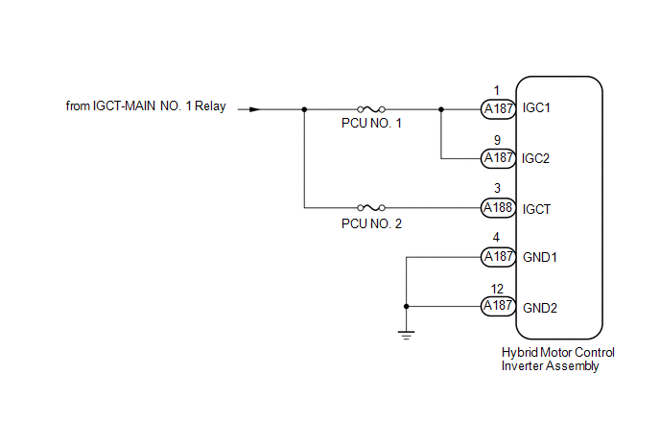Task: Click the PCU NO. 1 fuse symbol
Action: pos(371,109)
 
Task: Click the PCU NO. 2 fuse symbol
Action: pos(371,207)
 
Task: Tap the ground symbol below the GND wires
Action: pos(406,335)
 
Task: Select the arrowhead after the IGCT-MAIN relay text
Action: pos(254,109)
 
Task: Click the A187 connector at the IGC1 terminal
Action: pos(499,109)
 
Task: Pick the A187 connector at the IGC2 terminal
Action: pos(499,158)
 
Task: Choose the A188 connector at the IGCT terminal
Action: pos(499,208)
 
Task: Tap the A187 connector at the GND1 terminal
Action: pos(499,257)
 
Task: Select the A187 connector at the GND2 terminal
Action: pos(499,306)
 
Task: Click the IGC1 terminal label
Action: pos(536,108)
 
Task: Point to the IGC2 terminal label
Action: pos(535,158)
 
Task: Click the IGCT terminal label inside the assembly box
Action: pos(536,209)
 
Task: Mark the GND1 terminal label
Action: pos(540,257)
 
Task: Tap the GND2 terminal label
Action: pos(540,308)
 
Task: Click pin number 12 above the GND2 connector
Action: pos(497,289)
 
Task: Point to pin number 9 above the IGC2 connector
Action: pos(497,140)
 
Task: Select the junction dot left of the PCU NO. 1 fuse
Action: pos(304,109)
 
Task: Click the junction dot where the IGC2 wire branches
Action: pos(441,109)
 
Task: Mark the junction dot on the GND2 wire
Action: pos(406,306)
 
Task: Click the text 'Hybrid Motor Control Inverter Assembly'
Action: pos(557,359)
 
